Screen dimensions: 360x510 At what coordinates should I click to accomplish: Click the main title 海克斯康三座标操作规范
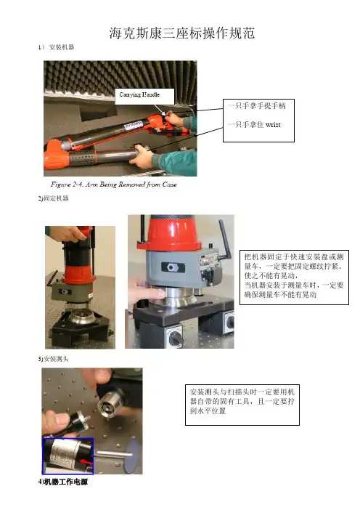(x=181, y=33)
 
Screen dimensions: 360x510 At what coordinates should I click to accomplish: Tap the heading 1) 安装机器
(x=56, y=47)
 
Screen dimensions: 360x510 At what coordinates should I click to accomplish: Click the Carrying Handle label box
(x=144, y=97)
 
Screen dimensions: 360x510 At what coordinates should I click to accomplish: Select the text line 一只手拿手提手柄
(x=257, y=106)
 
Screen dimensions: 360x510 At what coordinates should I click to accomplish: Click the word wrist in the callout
(x=273, y=124)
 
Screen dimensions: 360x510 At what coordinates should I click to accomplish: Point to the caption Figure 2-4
(x=114, y=185)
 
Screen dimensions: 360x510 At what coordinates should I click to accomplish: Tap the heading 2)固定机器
(x=53, y=198)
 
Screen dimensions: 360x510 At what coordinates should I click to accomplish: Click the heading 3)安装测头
(x=53, y=359)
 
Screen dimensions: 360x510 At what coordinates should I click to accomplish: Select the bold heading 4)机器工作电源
(x=63, y=482)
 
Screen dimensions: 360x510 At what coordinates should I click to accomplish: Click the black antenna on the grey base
(x=224, y=240)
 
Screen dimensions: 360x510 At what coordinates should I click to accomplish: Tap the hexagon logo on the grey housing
(x=173, y=267)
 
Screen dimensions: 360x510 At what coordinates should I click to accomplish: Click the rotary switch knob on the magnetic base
(x=176, y=339)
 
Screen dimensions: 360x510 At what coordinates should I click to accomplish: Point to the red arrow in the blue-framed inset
(x=86, y=461)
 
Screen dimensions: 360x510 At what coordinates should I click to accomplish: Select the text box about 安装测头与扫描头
(x=242, y=405)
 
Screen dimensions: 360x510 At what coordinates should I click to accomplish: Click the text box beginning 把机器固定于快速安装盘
(x=294, y=277)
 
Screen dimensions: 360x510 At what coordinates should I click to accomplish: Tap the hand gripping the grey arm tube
(x=142, y=156)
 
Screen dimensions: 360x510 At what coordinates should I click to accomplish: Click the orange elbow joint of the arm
(x=57, y=154)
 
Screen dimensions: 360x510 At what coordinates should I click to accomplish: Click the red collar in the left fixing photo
(x=78, y=274)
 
